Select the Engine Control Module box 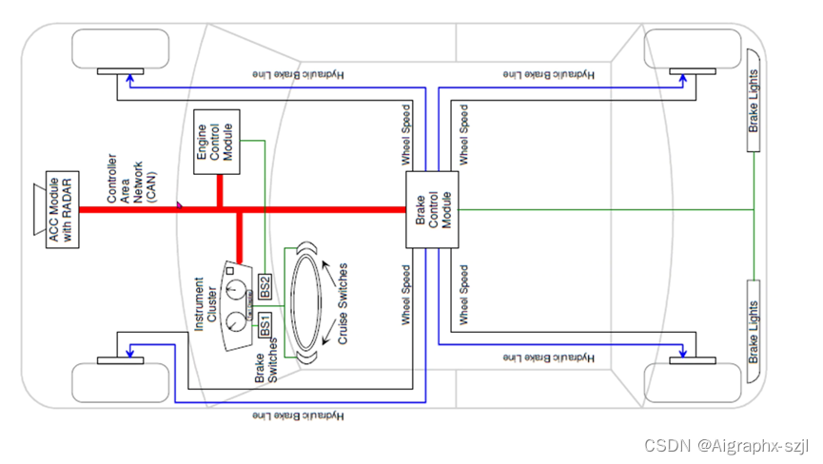click(x=219, y=148)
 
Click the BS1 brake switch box click(x=265, y=323)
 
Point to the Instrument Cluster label click(x=205, y=304)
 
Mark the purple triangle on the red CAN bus click(x=178, y=203)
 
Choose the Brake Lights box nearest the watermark click(x=754, y=322)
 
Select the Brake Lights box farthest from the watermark click(x=754, y=111)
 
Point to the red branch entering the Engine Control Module click(x=221, y=191)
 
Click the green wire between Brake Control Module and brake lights click(x=609, y=209)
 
